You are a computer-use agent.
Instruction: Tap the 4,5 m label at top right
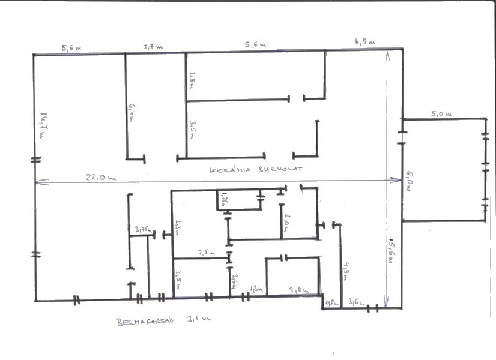click(x=364, y=43)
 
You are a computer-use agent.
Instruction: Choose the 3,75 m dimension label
click(x=144, y=229)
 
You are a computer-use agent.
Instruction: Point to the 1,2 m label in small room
click(x=224, y=198)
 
